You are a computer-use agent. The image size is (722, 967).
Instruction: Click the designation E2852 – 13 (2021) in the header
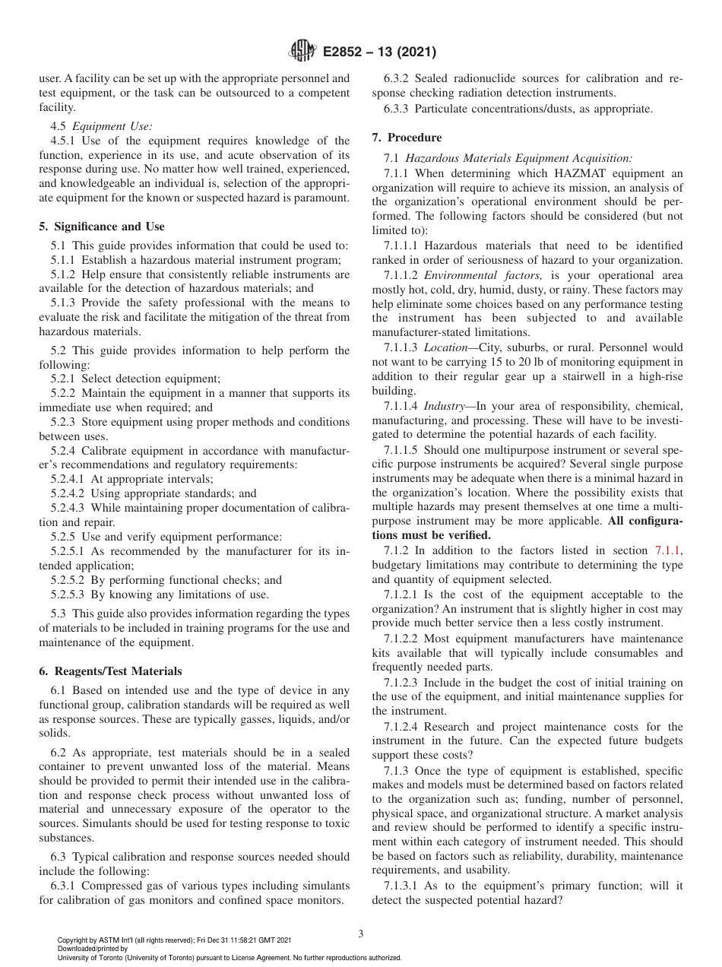[379, 52]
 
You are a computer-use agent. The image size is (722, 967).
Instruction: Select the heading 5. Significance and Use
[102, 227]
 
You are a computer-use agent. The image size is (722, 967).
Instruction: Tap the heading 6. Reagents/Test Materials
[111, 671]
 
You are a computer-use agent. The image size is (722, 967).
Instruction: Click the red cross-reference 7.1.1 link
[669, 550]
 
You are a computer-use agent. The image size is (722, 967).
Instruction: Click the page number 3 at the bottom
[360, 934]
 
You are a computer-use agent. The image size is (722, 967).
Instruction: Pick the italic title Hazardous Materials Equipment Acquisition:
[518, 158]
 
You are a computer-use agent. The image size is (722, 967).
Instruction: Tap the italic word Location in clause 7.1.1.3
[445, 347]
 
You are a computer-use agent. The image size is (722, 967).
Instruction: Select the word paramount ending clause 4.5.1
[322, 198]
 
